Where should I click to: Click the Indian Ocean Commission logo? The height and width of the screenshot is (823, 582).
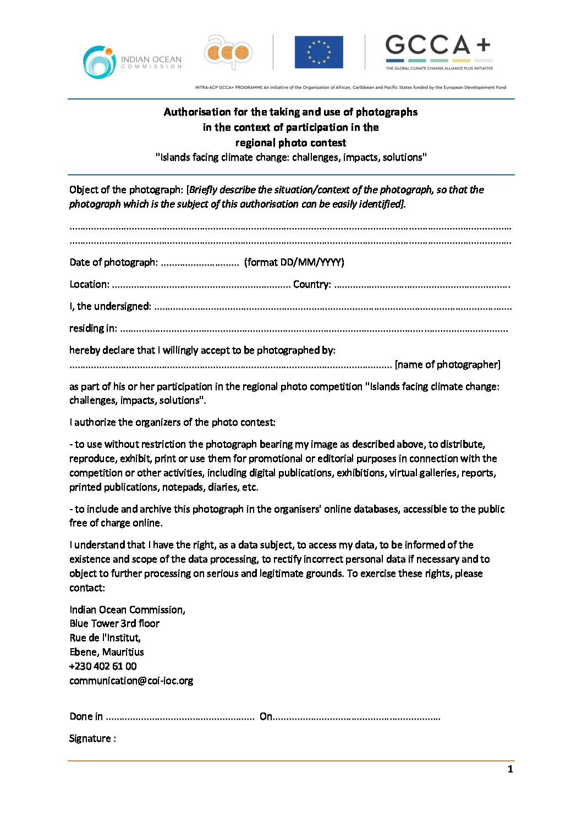tap(132, 62)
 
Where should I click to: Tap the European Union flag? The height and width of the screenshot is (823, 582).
tap(319, 52)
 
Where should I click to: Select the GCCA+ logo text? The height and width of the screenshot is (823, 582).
tap(438, 45)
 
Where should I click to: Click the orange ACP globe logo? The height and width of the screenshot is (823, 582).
tap(228, 53)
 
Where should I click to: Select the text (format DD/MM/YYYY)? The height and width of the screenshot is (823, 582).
tap(294, 262)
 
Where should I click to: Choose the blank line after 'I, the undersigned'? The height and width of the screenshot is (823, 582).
tap(332, 307)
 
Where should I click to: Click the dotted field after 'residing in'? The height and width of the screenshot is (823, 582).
tap(314, 329)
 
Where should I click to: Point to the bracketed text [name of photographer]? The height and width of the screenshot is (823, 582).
tap(448, 364)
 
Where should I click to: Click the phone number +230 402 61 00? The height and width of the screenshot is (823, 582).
tap(103, 666)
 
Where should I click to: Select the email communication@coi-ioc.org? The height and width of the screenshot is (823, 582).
tap(131, 681)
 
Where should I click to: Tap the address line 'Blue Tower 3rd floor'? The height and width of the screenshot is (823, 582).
tap(114, 623)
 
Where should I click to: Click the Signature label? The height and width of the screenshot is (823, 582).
tap(92, 738)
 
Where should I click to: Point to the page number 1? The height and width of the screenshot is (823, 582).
tap(510, 769)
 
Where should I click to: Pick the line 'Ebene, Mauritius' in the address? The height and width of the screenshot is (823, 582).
tap(107, 652)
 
